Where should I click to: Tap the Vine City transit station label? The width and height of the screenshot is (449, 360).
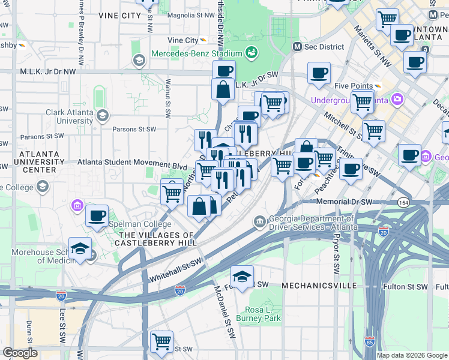183,40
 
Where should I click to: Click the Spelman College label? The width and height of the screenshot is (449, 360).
133,224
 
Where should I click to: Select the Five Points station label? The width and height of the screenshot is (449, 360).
354,85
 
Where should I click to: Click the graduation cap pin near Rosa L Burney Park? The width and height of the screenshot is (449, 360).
241,277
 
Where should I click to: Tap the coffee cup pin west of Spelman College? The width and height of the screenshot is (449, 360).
97,216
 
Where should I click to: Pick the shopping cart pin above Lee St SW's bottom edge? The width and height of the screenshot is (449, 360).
161,342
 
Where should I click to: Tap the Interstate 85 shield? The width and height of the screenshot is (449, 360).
369,343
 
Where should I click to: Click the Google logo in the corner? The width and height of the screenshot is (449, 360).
20,352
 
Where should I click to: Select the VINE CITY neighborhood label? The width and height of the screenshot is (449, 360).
119,16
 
